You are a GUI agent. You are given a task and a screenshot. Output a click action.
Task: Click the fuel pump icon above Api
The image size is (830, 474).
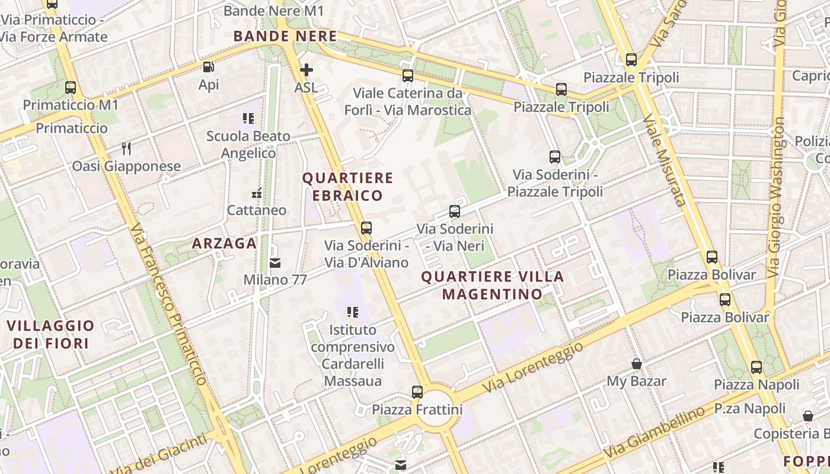208,68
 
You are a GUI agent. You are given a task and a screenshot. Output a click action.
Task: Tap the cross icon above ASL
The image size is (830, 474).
306,71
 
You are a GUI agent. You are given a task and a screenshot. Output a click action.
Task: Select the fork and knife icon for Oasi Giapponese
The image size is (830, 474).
126,148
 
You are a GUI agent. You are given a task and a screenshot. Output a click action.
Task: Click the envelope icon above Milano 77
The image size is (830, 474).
275,262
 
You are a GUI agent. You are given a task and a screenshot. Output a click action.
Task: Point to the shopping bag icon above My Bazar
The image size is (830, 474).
637,363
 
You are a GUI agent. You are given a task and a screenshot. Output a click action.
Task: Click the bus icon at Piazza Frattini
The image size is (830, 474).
417,392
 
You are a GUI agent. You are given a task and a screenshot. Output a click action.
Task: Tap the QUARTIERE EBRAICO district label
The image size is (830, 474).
347,187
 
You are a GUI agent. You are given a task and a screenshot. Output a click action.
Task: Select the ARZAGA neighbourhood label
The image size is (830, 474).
225,243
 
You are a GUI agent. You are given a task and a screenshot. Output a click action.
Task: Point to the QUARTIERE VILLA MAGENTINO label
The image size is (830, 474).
492,285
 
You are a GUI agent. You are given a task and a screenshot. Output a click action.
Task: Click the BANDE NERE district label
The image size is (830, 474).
285,36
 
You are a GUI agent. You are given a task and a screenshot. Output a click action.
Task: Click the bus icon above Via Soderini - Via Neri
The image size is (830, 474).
455,211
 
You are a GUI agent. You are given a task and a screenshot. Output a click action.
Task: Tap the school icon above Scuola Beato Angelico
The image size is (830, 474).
248,118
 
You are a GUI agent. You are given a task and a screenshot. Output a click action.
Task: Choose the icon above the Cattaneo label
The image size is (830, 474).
257,193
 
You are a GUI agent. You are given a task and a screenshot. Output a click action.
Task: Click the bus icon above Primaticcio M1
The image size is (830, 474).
71,88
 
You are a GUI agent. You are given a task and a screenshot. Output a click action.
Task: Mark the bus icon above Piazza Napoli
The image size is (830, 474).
756,367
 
